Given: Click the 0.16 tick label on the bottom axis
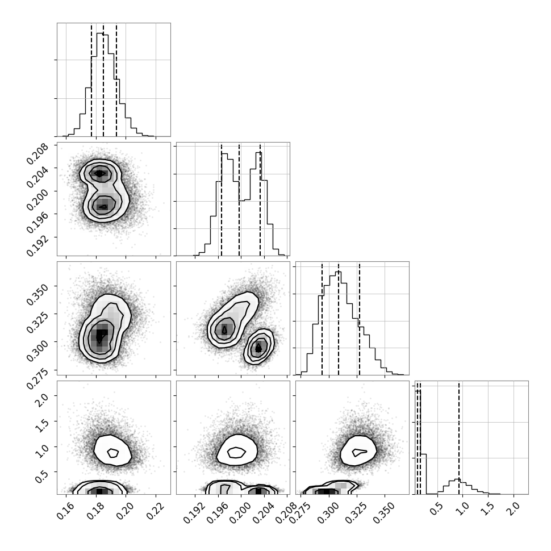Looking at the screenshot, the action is click(x=65, y=511).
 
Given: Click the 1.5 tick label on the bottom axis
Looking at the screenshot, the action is click(x=487, y=509).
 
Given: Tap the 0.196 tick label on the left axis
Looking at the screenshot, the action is click(x=37, y=222).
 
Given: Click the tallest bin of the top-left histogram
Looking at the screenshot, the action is click(x=100, y=85).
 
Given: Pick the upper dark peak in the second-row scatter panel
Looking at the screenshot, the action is click(x=100, y=173).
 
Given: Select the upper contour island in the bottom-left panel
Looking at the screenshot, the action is click(x=112, y=450).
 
